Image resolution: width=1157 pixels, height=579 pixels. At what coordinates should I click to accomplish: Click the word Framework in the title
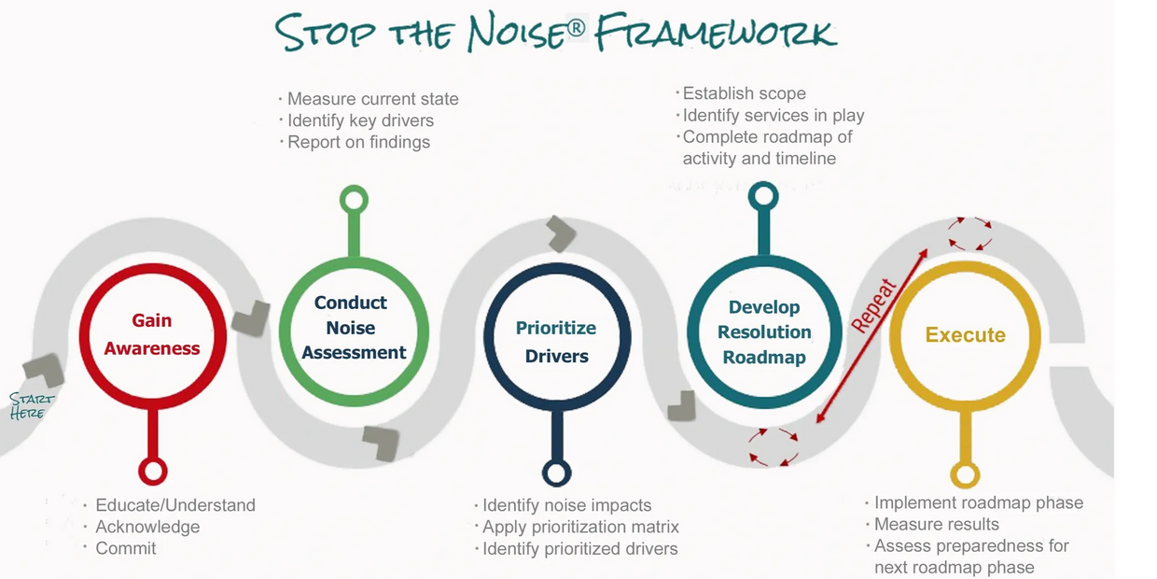click(x=717, y=33)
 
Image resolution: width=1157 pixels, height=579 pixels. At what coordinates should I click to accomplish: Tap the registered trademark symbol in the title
click(x=577, y=28)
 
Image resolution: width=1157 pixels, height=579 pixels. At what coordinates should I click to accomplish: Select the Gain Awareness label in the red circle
click(x=152, y=334)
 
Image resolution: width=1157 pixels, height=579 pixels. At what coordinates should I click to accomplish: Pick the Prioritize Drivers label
click(x=556, y=342)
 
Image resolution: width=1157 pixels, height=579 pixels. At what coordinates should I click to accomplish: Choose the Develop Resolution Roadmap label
click(x=764, y=332)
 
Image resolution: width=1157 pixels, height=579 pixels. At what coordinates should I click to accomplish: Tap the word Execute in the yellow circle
click(x=965, y=335)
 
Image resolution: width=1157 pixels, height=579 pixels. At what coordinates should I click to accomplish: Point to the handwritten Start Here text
click(x=31, y=406)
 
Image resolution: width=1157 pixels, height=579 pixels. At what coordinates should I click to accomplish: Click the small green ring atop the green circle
click(x=354, y=200)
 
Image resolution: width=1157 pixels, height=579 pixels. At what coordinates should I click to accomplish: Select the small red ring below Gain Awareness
click(x=152, y=471)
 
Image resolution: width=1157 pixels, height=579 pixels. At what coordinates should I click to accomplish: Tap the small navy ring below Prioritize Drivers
click(x=557, y=473)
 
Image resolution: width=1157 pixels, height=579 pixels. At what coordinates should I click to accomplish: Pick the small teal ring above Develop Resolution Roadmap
click(x=763, y=196)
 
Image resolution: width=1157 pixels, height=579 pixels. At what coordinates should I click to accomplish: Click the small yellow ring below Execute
click(x=965, y=474)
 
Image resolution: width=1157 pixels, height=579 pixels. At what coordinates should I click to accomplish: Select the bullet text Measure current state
click(x=372, y=99)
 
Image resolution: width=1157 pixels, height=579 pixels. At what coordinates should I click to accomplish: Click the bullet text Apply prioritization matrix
click(x=580, y=527)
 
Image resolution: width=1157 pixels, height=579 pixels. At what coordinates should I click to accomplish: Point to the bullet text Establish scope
click(x=744, y=93)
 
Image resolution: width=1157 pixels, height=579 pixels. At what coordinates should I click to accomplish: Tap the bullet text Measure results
click(x=936, y=524)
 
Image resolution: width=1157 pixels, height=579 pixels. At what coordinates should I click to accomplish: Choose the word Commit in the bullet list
click(x=126, y=548)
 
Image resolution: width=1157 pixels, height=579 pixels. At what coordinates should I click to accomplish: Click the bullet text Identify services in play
click(x=773, y=116)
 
